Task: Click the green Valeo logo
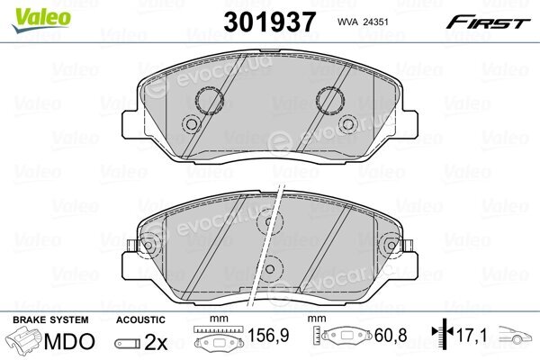40,20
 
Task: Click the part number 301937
270,22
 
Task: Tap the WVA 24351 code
363,22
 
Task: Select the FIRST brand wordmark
488,22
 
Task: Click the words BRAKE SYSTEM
50,320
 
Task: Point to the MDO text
69,341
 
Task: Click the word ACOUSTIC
140,320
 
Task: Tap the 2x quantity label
156,342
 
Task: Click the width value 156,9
268,335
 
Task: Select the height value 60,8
391,335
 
